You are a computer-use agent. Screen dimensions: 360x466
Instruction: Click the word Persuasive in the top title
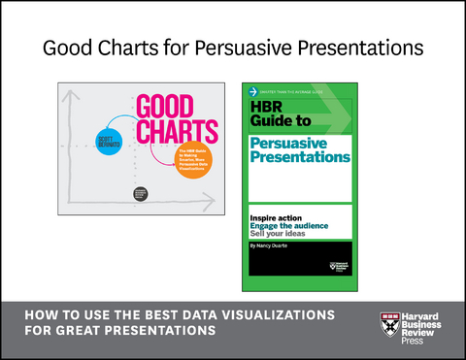pos(242,49)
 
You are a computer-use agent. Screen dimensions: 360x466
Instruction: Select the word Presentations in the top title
pos(358,48)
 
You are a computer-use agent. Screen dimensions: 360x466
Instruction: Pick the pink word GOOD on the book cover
pos(167,106)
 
